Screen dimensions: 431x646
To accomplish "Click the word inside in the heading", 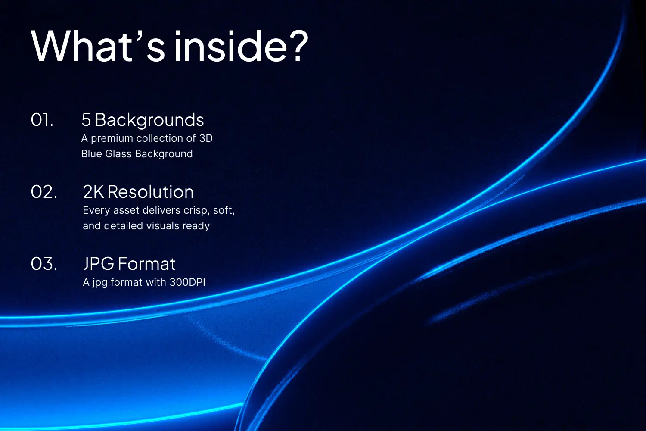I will pyautogui.click(x=230, y=46).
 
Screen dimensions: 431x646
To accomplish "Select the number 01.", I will pyautogui.click(x=42, y=120).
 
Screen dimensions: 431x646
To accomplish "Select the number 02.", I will pyautogui.click(x=44, y=192).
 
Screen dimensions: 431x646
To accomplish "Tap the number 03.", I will pyautogui.click(x=44, y=264).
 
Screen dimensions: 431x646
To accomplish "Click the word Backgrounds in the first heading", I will pyautogui.click(x=149, y=120).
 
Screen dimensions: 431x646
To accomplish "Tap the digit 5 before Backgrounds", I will pyautogui.click(x=86, y=120).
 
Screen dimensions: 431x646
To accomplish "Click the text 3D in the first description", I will pyautogui.click(x=206, y=138).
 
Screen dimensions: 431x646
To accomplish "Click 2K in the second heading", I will pyautogui.click(x=93, y=192).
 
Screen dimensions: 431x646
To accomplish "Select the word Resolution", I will pyautogui.click(x=151, y=192).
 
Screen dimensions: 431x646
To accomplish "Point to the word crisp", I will pyautogui.click(x=196, y=211).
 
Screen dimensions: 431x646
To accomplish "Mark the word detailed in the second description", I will pyautogui.click(x=125, y=226).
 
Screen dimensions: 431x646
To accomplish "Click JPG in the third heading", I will pyautogui.click(x=99, y=264).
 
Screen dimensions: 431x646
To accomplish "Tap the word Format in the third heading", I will pyautogui.click(x=147, y=264).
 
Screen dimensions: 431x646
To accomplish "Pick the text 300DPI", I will pyautogui.click(x=187, y=282).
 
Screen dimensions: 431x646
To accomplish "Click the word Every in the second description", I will pyautogui.click(x=96, y=211).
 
